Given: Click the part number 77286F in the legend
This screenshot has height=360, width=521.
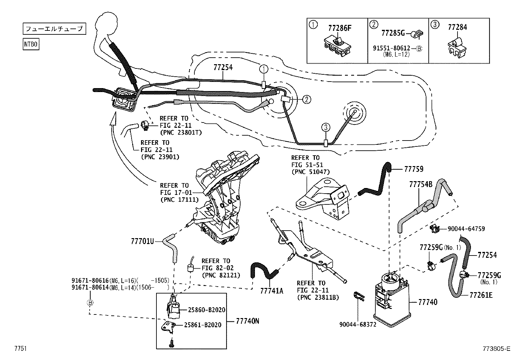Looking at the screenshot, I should [x=339, y=28].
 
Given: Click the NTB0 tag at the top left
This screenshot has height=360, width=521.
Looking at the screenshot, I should [x=31, y=44].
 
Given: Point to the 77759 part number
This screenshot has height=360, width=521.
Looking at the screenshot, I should [x=414, y=169].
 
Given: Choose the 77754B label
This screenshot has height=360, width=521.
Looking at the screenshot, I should [x=421, y=185].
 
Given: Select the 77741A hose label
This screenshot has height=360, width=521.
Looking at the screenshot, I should [x=272, y=290].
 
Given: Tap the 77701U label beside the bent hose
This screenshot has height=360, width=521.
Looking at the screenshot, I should [x=142, y=241].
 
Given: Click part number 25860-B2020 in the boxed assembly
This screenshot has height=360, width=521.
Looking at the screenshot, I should [x=207, y=310].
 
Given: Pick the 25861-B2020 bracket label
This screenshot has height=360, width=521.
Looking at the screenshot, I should [x=203, y=325].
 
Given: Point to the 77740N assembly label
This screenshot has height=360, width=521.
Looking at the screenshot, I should [x=247, y=321].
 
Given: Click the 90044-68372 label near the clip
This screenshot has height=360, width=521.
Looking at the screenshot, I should [x=358, y=324].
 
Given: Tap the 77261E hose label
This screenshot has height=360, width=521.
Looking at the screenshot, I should [x=481, y=295].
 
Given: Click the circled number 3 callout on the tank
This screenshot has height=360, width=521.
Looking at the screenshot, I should [x=325, y=127].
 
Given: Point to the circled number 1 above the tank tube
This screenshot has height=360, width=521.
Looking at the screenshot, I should [x=264, y=69].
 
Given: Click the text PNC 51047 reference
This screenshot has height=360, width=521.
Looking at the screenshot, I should [x=311, y=172].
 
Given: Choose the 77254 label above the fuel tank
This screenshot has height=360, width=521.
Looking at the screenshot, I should [x=223, y=67].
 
